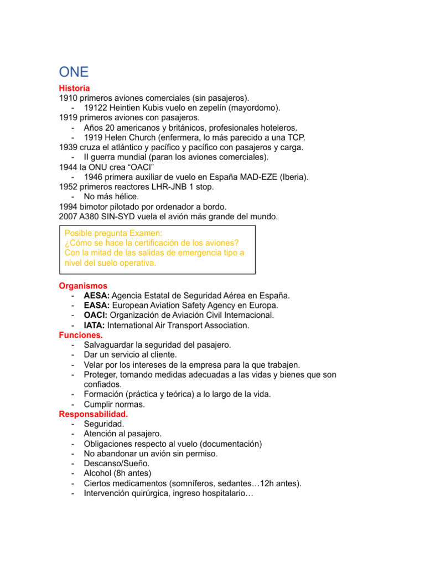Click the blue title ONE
74,72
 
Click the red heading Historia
74,88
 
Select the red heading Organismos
83,286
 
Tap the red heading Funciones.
81,335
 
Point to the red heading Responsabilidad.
93,414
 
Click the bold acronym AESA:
96,296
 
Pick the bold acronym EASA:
96,306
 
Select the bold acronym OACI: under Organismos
96,316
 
